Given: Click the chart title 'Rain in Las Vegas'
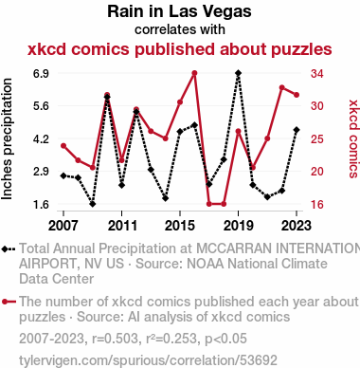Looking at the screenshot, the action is (x=179, y=11).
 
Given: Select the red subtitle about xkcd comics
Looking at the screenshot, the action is (x=180, y=49).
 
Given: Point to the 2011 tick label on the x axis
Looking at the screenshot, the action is (x=122, y=226).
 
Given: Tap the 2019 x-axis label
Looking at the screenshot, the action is (x=239, y=226).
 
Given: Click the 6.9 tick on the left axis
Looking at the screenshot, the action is (x=41, y=74).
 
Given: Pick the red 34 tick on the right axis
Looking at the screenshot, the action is (x=317, y=74).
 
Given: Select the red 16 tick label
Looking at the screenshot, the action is (x=317, y=205).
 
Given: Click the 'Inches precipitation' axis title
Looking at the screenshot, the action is (x=7, y=139).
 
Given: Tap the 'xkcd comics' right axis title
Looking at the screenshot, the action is (x=353, y=138).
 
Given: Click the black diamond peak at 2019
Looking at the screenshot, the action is (x=239, y=73).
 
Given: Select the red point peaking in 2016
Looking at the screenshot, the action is (x=194, y=73).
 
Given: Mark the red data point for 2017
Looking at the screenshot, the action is (x=209, y=204).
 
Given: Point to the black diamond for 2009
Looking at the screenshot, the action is (x=93, y=204).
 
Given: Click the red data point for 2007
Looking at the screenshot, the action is (x=63, y=146).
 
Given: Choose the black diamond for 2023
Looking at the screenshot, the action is (x=297, y=130).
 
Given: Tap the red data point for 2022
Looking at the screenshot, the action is (x=282, y=87).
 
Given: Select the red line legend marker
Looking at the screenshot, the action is (x=9, y=302).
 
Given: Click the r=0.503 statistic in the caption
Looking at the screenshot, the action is (x=115, y=339).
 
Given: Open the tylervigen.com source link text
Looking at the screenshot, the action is (x=148, y=360).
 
